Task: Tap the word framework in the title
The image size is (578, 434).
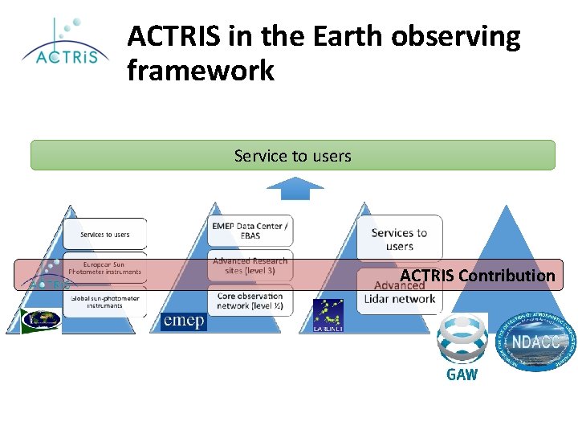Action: [x=201, y=72]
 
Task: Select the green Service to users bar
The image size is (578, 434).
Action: [x=292, y=155]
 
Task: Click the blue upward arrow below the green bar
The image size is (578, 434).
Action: [x=295, y=189]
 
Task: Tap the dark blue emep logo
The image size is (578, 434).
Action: [x=183, y=321]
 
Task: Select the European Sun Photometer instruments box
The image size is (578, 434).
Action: [x=105, y=267]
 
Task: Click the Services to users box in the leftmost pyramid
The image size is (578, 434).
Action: [x=105, y=234]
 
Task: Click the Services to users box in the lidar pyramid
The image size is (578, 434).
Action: [x=399, y=239]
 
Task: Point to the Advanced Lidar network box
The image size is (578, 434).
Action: [x=399, y=293]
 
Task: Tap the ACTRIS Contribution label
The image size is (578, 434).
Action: [x=477, y=276]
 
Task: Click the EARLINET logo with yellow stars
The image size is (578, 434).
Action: [x=328, y=316]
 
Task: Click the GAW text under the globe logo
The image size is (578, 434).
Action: [x=462, y=375]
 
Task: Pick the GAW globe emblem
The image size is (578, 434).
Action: [x=462, y=340]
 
